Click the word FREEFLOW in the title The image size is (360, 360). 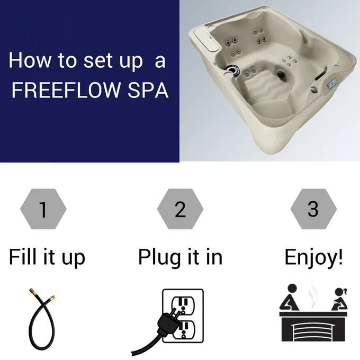point(66,90)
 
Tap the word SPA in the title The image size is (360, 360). point(148,90)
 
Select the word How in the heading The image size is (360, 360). point(30,60)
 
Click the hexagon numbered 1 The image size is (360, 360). point(43,209)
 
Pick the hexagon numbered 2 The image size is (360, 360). point(180,209)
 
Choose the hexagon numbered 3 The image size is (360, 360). point(313,209)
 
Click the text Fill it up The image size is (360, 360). point(47,257)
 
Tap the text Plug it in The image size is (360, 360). point(181,257)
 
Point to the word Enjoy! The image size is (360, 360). point(313,257)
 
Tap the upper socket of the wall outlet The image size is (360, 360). point(184,305)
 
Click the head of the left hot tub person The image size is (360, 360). point(292,289)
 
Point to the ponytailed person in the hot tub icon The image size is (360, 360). point(340,300)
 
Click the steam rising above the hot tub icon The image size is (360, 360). point(312,294)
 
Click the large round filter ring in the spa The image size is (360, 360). point(232,70)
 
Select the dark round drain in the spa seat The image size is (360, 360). point(281,75)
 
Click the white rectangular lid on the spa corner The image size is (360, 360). point(206,39)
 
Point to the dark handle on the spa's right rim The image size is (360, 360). point(321,74)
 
